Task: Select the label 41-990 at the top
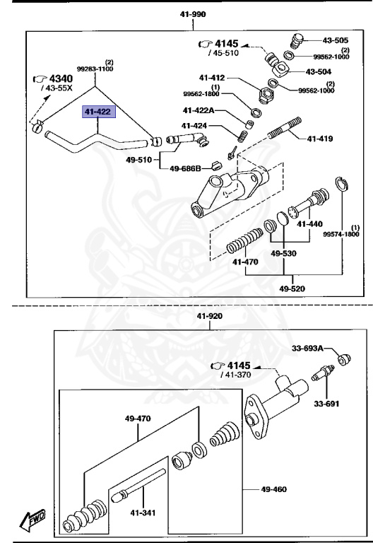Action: [193, 13]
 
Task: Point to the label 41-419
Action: [320, 139]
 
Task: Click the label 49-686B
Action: [185, 168]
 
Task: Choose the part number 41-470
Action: [246, 262]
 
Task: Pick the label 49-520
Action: [292, 288]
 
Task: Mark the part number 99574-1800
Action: [342, 234]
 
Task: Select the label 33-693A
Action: [307, 349]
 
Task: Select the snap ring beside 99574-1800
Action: [341, 185]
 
